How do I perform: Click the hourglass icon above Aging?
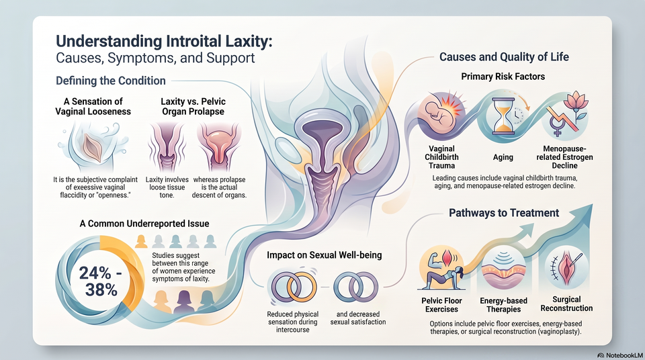[503, 116]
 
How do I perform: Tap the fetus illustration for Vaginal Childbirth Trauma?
[439, 115]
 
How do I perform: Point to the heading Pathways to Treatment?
[504, 213]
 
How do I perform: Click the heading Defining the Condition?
[111, 81]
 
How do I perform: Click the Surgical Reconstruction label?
[566, 304]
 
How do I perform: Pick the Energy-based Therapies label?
[503, 305]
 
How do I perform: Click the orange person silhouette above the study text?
[141, 242]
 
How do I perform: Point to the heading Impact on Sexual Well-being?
[324, 255]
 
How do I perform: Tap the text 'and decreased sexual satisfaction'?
[358, 318]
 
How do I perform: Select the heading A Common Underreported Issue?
[144, 224]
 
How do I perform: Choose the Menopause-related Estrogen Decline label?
[565, 157]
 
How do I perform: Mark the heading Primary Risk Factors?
[503, 77]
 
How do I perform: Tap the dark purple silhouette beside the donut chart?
[184, 301]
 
